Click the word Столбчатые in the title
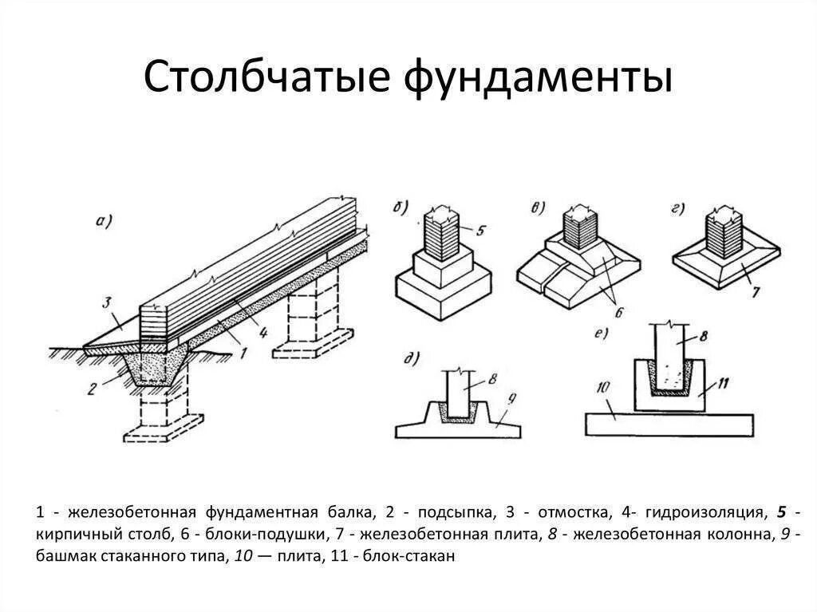(x=267, y=80)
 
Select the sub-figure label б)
(x=400, y=209)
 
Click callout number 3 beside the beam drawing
(x=106, y=302)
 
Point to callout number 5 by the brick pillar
(x=480, y=232)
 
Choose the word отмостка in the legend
(x=568, y=511)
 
